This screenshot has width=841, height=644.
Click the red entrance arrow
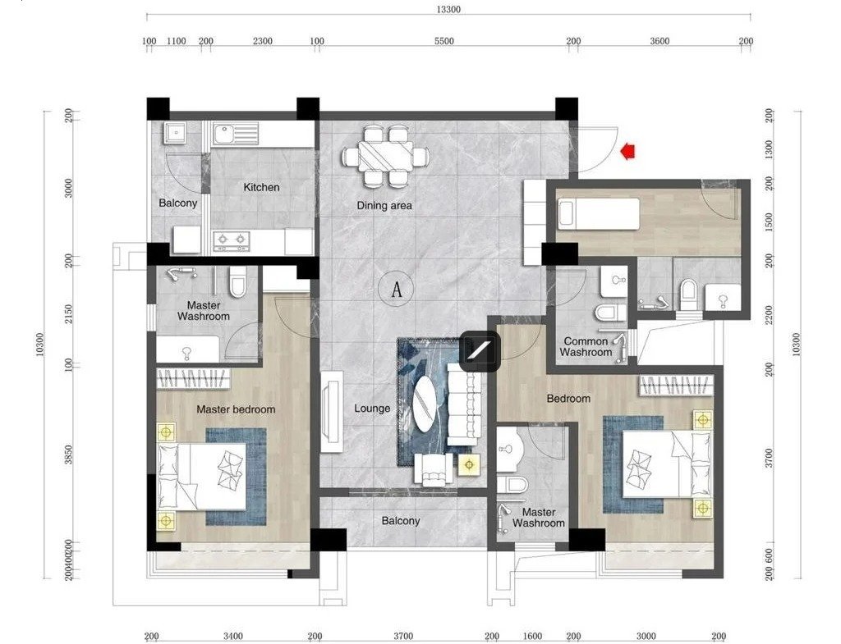point(627,152)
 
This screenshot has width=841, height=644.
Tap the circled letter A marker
point(397,290)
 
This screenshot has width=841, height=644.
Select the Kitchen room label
point(261,187)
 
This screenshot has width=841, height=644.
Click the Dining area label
point(384,205)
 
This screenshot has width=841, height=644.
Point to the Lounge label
point(372,409)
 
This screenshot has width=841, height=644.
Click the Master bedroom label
point(236,409)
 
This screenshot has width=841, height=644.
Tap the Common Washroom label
point(586,347)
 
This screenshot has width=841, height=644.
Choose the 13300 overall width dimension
point(448,9)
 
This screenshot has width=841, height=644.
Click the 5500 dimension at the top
point(443,41)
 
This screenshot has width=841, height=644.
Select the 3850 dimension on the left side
point(68,454)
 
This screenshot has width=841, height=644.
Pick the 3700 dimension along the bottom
point(402,636)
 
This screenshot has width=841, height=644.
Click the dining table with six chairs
point(386,157)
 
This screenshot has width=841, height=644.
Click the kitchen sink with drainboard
point(236,134)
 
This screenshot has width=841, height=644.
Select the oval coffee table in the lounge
point(425,404)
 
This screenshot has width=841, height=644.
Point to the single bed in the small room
point(599,214)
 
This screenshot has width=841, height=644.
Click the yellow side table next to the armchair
point(470,464)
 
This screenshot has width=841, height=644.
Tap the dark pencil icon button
point(480,351)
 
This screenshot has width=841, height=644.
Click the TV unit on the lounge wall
point(332,412)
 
